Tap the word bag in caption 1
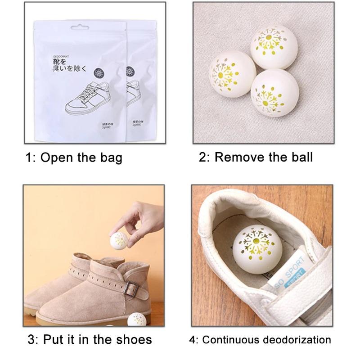(x=110, y=158)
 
